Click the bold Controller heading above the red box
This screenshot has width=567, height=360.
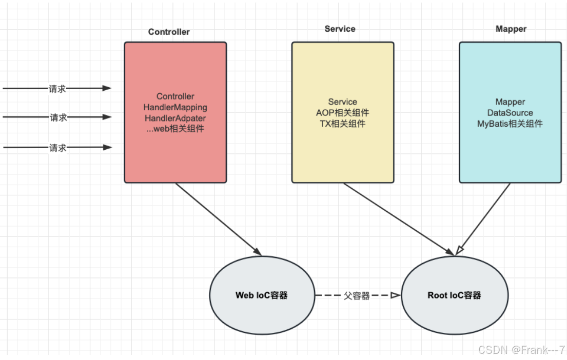pos(169,32)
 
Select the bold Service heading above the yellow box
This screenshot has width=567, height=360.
pos(340,29)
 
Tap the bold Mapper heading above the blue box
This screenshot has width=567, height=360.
pos(511,29)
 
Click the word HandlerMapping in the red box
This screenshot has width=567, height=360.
pos(175,108)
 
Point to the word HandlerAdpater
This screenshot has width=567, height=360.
pos(175,118)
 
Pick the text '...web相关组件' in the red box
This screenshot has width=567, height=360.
pos(175,129)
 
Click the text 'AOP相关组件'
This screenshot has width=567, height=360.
pos(342,113)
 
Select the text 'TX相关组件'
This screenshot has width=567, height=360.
pos(342,124)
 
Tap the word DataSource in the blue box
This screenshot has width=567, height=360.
pos(510,113)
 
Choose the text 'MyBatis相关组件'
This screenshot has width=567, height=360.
pos(510,124)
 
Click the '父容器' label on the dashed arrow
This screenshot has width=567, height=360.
pos(357,296)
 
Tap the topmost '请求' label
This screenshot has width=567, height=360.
pos(57,89)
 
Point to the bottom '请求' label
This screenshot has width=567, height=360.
pos(58,148)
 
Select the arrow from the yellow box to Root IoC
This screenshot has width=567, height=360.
pos(398,219)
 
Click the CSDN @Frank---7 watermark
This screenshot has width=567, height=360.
pos(521,350)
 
